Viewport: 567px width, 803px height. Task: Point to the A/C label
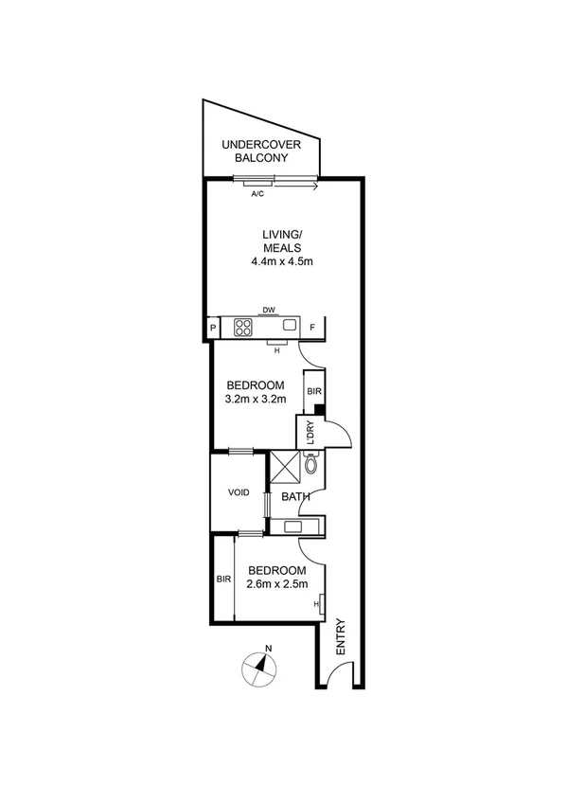click(257, 194)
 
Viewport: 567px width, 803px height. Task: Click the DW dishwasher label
click(269, 310)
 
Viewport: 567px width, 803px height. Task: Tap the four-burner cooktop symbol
click(242, 328)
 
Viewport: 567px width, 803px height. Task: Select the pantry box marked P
click(213, 328)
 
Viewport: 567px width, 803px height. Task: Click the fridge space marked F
click(312, 328)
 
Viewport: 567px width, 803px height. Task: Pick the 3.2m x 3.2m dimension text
click(256, 399)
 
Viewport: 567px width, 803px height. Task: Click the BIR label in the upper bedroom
click(313, 388)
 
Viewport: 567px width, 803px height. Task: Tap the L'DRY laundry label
click(309, 433)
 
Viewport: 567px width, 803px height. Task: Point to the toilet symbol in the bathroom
click(311, 462)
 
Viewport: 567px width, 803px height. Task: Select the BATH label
click(294, 496)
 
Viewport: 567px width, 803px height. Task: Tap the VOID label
click(239, 492)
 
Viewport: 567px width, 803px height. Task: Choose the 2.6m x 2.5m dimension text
click(276, 584)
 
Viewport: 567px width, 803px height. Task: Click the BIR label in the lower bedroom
click(223, 579)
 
